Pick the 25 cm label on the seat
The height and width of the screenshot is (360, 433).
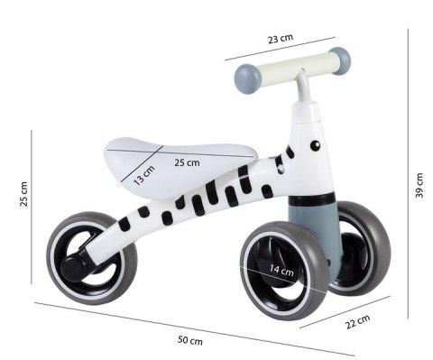187,163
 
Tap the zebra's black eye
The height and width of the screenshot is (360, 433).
315,143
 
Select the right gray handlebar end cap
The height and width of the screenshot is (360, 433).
339,60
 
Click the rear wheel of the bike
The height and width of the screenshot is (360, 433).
90,257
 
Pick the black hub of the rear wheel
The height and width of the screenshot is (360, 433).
74,264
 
